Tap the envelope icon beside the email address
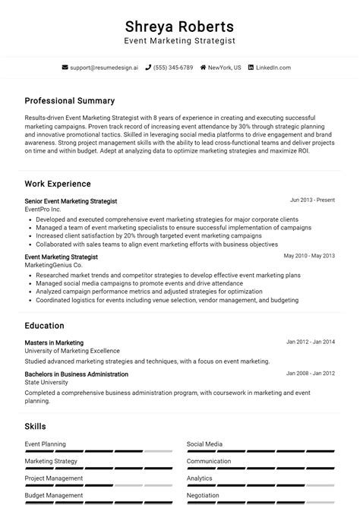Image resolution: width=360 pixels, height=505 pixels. coord(64,68)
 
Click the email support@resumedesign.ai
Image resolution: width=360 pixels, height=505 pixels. coord(104,68)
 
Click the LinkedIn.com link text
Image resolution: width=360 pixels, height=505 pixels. coord(273,68)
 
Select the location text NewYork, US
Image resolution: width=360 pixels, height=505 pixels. coord(224,68)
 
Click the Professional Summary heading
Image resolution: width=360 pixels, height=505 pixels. coord(69,100)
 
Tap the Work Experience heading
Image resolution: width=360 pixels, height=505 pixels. coord(57,184)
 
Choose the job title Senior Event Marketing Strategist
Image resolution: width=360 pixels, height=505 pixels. coord(71,201)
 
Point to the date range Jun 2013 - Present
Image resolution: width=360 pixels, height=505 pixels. coord(312,200)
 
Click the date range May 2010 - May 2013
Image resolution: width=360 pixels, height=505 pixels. coord(309,257)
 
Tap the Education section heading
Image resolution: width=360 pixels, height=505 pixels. coord(44,326)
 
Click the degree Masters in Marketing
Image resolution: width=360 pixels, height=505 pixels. coord(54,342)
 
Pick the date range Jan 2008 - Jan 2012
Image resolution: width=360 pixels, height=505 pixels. coord(311,374)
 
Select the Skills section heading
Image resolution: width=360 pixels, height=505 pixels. coord(35,427)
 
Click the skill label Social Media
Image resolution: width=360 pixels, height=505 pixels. coord(204,444)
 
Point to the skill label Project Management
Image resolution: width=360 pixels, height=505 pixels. coord(53,478)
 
